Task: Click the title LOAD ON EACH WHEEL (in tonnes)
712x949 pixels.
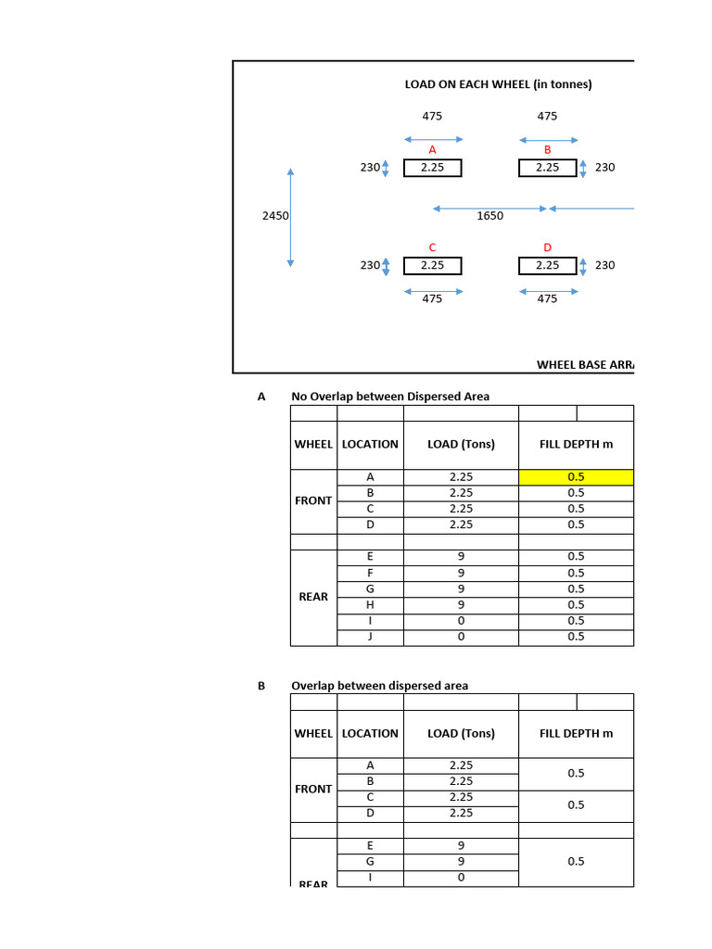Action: click(x=498, y=84)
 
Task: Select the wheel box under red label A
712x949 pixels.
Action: click(x=432, y=168)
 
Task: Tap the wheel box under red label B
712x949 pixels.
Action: click(x=547, y=168)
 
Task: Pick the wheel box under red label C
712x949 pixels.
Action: click(x=432, y=265)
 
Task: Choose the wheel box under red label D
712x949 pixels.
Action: click(x=547, y=265)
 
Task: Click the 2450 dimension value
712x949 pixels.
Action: click(x=276, y=216)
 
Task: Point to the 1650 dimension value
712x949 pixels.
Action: click(x=490, y=216)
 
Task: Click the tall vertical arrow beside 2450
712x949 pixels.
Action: click(x=291, y=218)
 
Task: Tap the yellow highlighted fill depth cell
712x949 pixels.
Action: click(x=576, y=477)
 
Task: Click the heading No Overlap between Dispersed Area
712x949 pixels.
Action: click(x=390, y=397)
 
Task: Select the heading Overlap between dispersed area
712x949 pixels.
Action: click(x=379, y=686)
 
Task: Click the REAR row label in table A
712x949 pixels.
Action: click(x=313, y=597)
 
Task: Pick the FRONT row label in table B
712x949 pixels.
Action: click(x=313, y=790)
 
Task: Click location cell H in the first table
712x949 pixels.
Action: click(x=370, y=605)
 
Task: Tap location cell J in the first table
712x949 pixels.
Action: click(x=370, y=637)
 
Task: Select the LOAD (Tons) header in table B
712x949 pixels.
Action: click(x=461, y=733)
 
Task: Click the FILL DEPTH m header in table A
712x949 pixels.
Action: click(x=576, y=444)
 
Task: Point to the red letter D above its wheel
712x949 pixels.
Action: click(x=547, y=247)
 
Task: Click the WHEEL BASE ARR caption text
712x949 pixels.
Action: click(x=585, y=365)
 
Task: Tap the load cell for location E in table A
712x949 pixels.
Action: click(x=461, y=557)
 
